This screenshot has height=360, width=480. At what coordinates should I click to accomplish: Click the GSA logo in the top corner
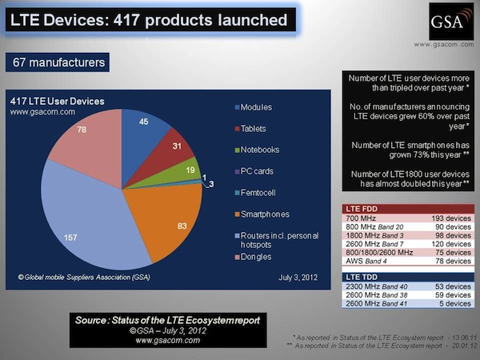click(445, 20)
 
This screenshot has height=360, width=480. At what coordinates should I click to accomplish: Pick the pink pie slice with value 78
click(84, 152)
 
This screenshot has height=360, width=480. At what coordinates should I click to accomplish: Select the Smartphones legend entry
click(263, 214)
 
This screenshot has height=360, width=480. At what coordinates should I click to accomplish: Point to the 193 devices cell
click(433, 218)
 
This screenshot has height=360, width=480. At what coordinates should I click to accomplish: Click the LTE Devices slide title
click(150, 19)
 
